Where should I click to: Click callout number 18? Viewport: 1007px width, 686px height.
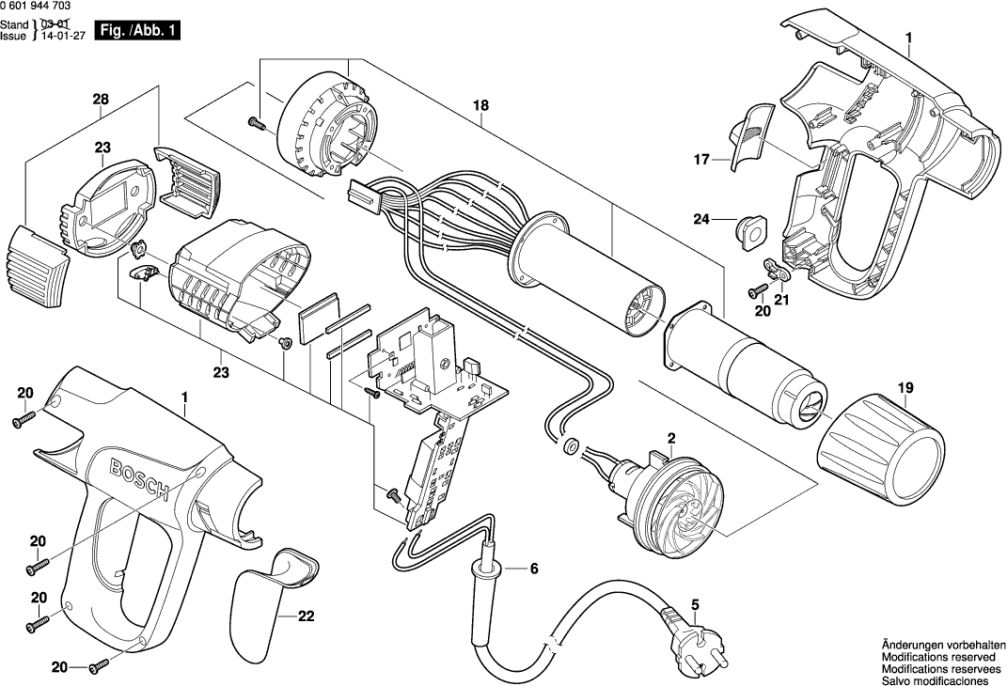click(x=480, y=106)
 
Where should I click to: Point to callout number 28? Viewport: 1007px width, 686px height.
click(x=101, y=99)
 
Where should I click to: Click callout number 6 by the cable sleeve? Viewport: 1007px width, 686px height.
click(x=534, y=568)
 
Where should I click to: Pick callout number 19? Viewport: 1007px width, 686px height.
click(x=905, y=386)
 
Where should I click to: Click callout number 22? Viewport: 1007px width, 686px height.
click(x=306, y=617)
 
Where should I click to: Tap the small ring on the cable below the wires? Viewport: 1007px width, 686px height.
click(x=570, y=443)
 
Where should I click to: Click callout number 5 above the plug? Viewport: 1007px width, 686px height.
click(x=695, y=605)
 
